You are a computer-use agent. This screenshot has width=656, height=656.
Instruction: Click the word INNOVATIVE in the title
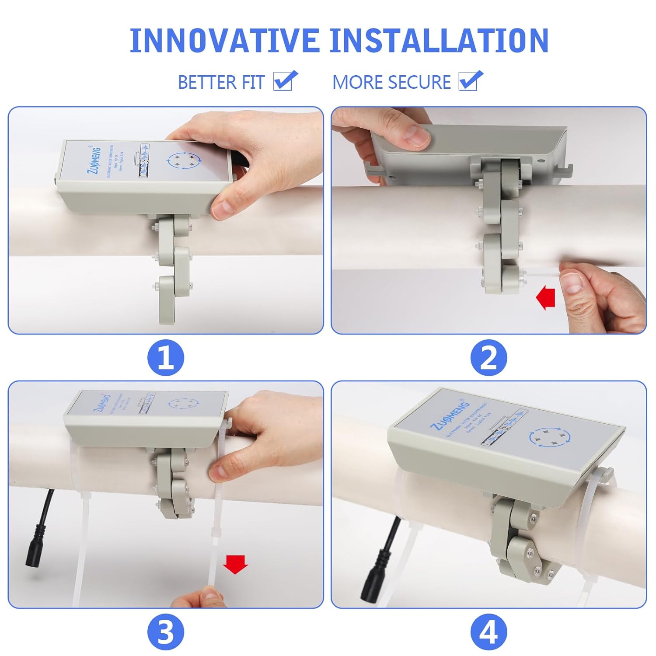[x=224, y=41]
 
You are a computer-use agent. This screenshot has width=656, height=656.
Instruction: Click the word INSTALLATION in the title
[x=439, y=41]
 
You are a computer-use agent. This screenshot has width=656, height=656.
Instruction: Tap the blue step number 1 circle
[x=166, y=358]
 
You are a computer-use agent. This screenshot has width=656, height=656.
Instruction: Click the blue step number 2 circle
[x=489, y=358]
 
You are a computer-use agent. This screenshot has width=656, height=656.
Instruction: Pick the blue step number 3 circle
[x=166, y=632]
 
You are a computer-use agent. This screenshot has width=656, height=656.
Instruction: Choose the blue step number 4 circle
[x=489, y=632]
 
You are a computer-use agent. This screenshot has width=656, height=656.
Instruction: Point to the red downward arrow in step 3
[x=235, y=564]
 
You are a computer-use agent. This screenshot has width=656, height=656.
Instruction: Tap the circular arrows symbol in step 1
[x=183, y=161]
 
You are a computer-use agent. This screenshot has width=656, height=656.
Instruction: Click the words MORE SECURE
[x=391, y=82]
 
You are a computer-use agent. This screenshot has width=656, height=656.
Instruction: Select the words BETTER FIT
[x=221, y=82]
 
